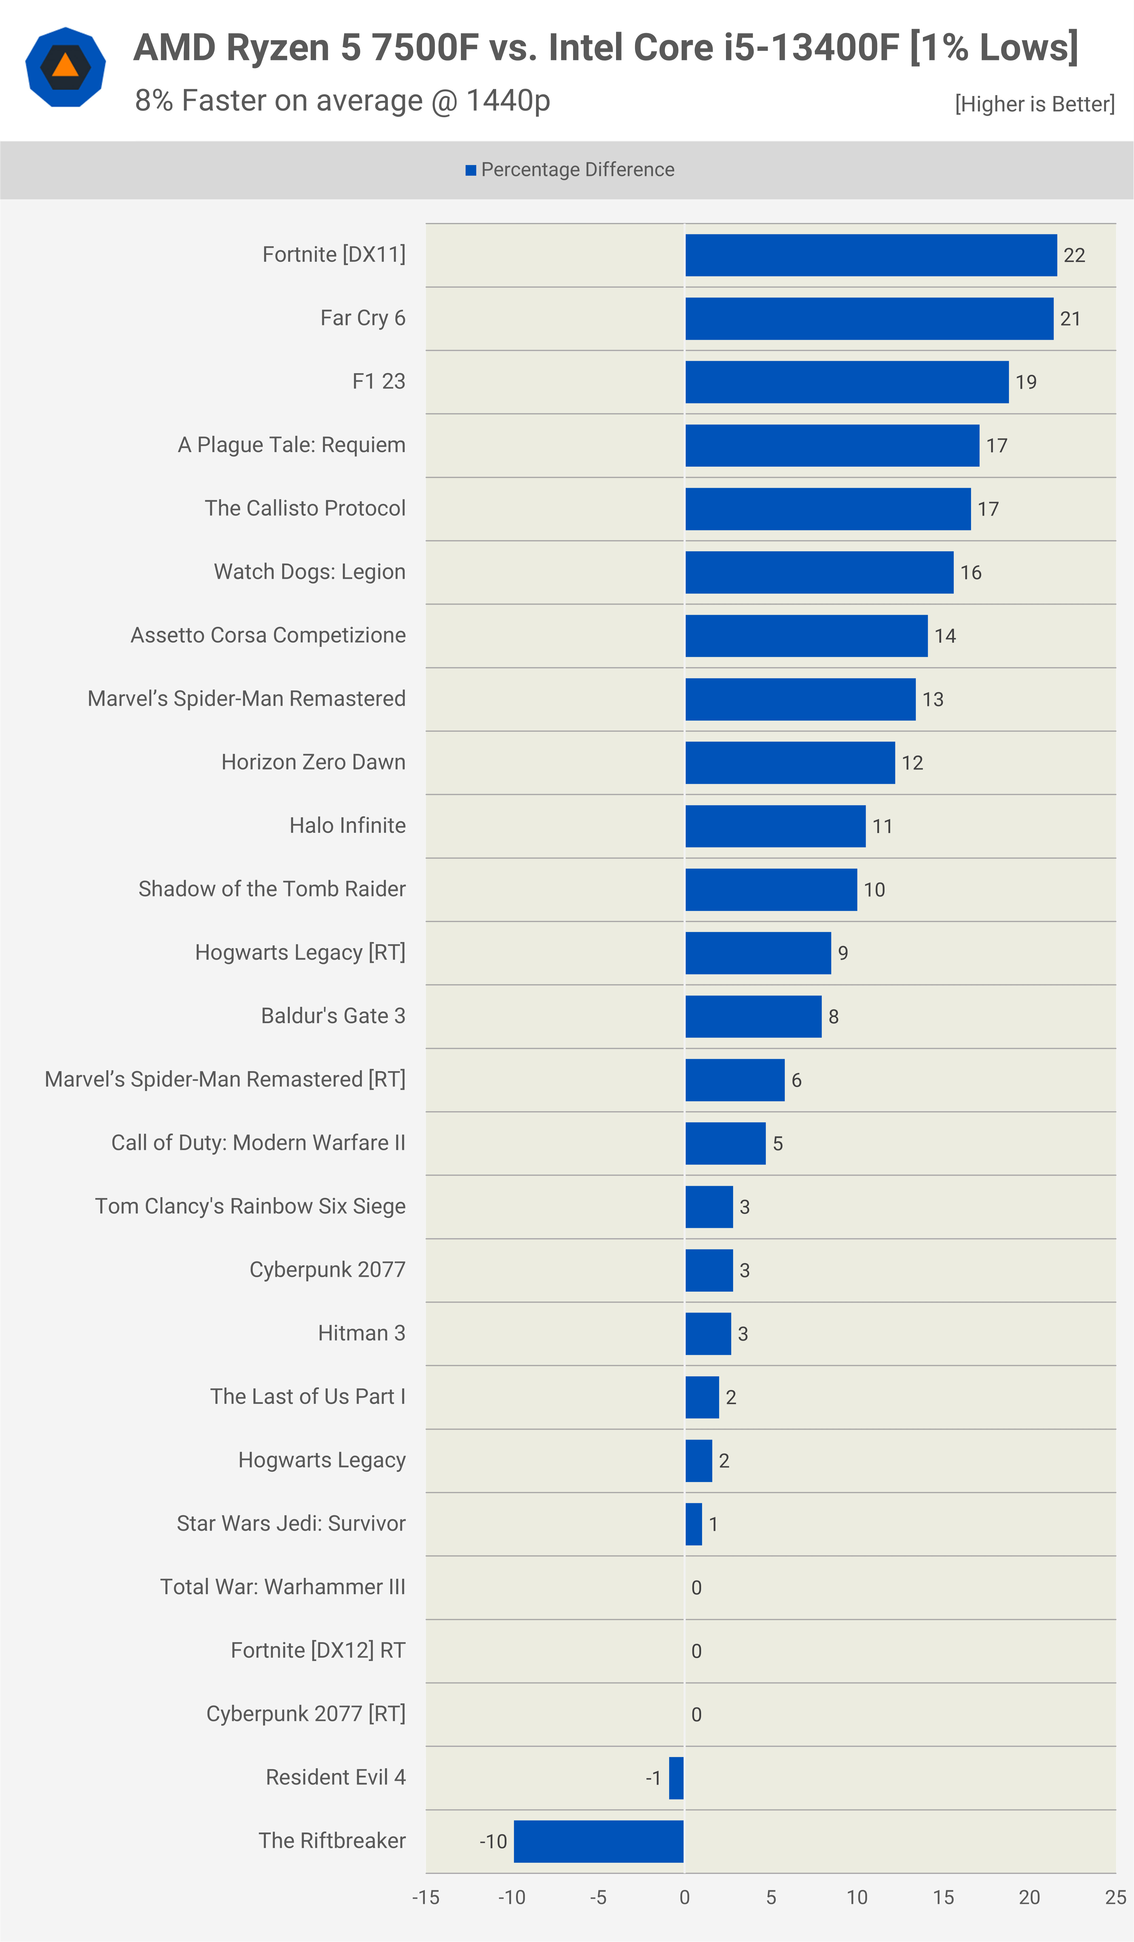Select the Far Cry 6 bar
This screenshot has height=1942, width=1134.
(x=869, y=318)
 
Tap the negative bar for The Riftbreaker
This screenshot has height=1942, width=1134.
(x=599, y=1841)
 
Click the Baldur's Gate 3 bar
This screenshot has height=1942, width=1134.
(x=753, y=1017)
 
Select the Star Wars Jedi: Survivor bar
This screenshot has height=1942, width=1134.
(x=693, y=1524)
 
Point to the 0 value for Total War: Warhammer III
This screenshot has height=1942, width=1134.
(x=696, y=1588)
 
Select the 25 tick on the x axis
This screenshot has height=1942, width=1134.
(x=1116, y=1897)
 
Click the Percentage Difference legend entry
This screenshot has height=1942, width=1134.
(x=570, y=169)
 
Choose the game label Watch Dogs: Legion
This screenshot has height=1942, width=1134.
(x=310, y=572)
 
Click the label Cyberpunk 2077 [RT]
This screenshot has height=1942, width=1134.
(x=306, y=1714)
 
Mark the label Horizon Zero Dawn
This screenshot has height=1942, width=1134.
(x=313, y=762)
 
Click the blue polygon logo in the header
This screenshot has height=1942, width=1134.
(x=65, y=67)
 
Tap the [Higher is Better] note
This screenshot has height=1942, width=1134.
(x=1035, y=104)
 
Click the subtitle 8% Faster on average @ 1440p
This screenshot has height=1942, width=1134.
(x=343, y=100)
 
